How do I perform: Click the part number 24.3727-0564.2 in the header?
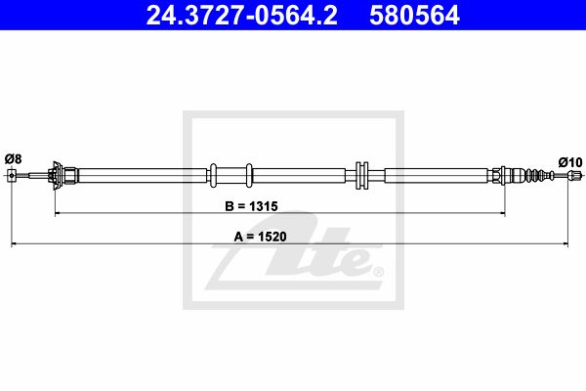(242, 16)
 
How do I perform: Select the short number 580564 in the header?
(414, 16)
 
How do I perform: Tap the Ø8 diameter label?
(13, 159)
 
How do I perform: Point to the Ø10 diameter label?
(570, 162)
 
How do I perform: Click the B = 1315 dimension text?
(251, 206)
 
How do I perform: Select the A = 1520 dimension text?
(260, 237)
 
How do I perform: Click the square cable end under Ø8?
(12, 175)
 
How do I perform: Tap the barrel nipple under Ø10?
(574, 175)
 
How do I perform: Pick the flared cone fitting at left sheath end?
(56, 176)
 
